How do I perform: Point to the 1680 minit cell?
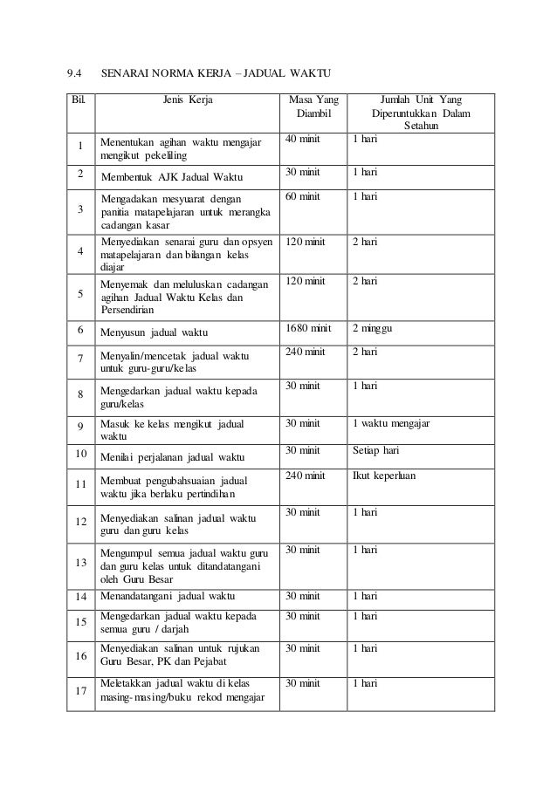(310, 328)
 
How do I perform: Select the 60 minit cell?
(303, 197)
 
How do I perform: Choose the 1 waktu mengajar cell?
(391, 424)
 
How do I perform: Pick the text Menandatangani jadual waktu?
(168, 597)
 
